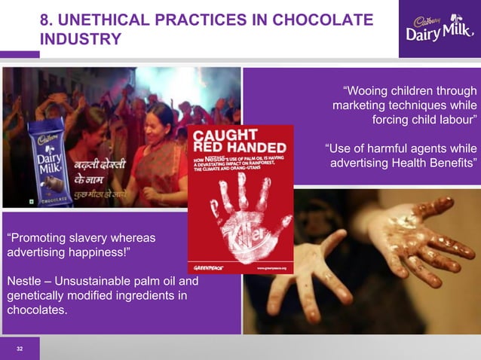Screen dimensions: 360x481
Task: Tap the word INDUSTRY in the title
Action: pos(80,39)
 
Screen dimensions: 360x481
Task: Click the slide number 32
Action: pos(20,349)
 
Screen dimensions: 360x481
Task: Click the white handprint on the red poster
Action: pos(241,215)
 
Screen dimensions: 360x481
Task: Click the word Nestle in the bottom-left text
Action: pos(26,282)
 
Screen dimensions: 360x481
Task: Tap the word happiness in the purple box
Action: pos(106,254)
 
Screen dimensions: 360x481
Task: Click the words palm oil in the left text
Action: pos(159,282)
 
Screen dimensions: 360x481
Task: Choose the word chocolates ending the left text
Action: pos(35,310)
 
